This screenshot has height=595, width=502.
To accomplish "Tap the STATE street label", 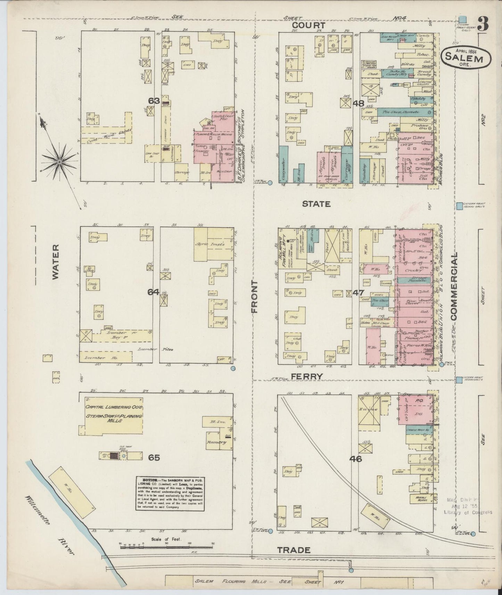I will point(316,204).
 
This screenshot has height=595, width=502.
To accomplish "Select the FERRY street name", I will point(307,376).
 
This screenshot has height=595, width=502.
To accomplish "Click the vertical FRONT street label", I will point(255,297).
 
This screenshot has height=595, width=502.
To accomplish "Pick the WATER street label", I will point(56,261).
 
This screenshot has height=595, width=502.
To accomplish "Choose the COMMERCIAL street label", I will point(454,286).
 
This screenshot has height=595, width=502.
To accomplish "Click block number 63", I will point(154,101).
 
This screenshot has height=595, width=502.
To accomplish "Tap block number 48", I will point(358,103).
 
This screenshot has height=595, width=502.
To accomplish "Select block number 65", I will point(154,458).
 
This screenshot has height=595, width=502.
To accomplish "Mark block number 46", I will point(356,459).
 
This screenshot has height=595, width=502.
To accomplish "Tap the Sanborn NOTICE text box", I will point(170,494).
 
